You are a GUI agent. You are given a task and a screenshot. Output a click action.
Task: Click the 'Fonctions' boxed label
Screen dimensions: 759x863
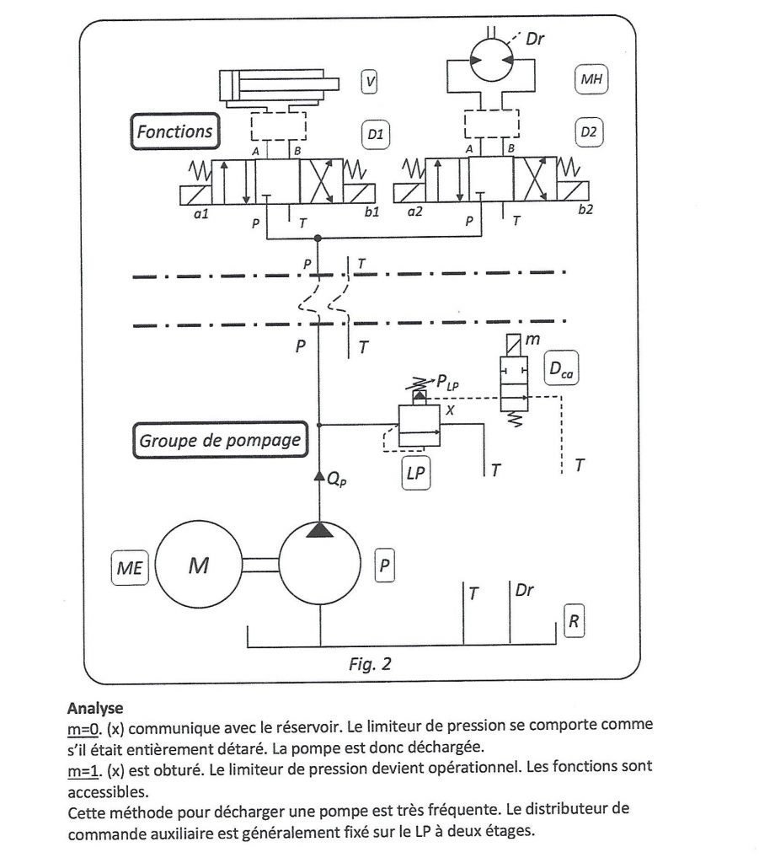tap(175, 131)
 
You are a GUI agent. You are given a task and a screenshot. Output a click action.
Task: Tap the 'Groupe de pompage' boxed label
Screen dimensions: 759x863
tap(220, 440)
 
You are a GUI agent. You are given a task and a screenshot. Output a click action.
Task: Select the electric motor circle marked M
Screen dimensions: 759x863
tap(199, 565)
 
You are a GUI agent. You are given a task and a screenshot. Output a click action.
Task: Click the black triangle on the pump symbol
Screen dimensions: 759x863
tap(319, 530)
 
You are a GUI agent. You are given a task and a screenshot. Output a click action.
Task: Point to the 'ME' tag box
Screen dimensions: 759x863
tap(130, 567)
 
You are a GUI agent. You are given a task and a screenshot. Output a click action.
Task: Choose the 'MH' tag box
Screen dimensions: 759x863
tap(591, 79)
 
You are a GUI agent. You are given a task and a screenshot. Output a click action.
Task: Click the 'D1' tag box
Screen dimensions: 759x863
tap(375, 134)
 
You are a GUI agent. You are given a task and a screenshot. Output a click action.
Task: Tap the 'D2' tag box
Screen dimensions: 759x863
tap(589, 132)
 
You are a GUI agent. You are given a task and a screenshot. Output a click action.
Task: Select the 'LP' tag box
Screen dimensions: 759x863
tap(416, 473)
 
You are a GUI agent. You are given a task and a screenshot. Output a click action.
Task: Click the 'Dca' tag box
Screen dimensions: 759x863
tap(560, 367)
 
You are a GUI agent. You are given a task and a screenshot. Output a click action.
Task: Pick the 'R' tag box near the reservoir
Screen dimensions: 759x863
tap(574, 621)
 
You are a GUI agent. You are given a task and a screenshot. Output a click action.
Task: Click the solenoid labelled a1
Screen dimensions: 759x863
tap(195, 195)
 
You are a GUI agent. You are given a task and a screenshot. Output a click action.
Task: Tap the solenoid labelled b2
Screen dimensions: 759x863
tap(573, 191)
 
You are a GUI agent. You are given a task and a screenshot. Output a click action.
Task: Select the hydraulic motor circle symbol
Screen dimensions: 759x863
tap(491, 60)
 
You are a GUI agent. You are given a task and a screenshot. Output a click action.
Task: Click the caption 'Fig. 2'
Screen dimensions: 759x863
tap(370, 664)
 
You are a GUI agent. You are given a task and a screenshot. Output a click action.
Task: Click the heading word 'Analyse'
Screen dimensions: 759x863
tap(95, 708)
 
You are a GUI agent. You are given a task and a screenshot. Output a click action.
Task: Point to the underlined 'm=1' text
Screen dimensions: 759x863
tap(83, 770)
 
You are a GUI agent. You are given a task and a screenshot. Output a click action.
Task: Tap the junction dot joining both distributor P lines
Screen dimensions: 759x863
tap(318, 239)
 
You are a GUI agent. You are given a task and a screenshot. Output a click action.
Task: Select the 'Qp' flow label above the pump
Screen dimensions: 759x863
tap(337, 480)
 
